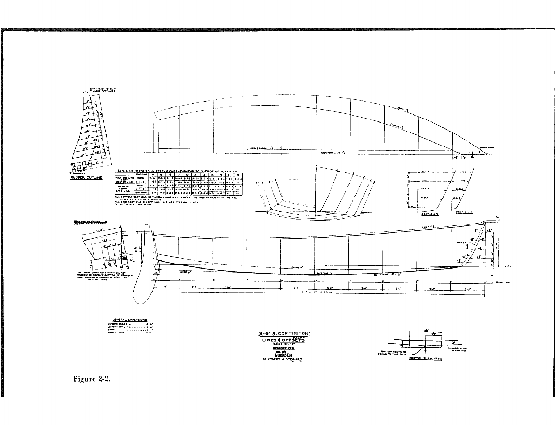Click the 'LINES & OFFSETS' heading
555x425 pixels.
click(x=284, y=340)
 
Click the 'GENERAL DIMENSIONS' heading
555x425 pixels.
click(x=130, y=320)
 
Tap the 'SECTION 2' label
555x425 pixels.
click(x=430, y=214)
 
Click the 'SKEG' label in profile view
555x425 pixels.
click(x=183, y=272)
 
